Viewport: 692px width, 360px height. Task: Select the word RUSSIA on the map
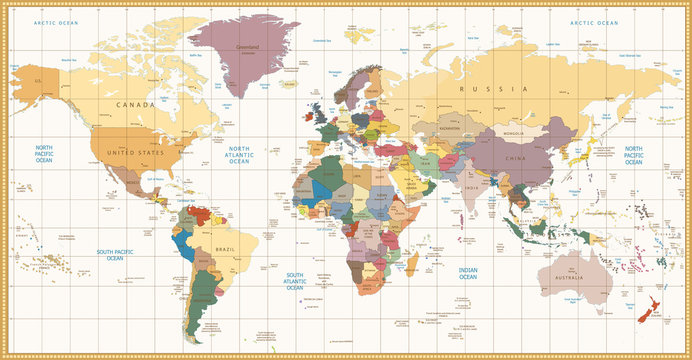tap(479, 89)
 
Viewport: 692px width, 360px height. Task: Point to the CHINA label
tap(516, 158)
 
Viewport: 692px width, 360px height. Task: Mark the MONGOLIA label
tap(514, 133)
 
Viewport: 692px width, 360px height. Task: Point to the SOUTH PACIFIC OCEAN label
tap(109, 254)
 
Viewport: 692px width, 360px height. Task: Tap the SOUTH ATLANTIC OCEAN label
tap(294, 279)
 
